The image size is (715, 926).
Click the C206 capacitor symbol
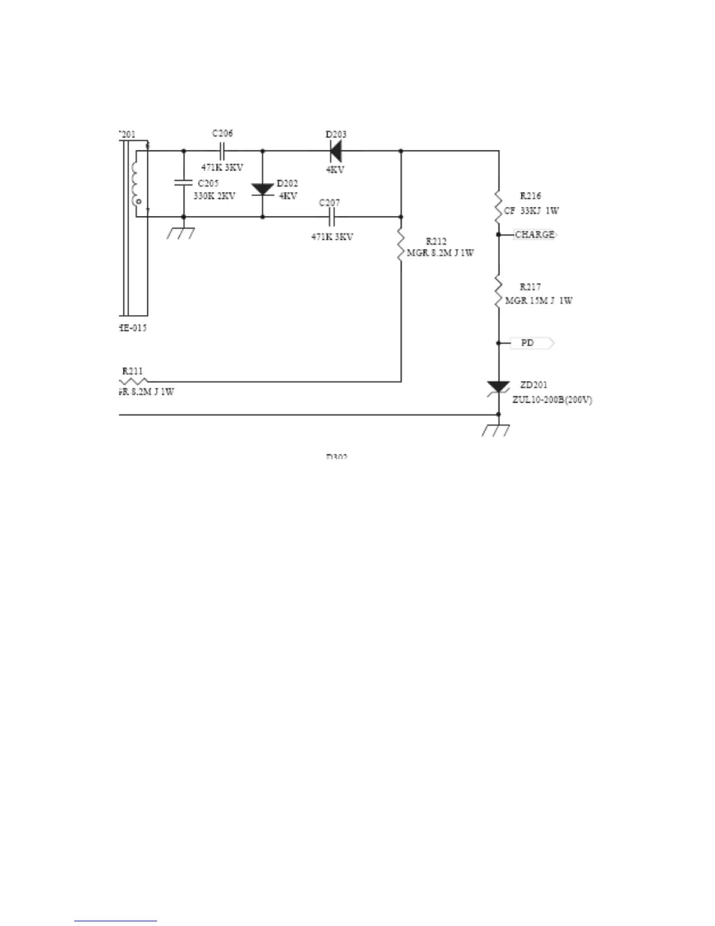223,151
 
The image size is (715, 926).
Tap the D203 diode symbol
335,151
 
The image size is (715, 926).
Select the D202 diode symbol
262,189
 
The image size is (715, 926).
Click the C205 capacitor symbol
184,183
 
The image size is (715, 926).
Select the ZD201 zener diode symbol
498,388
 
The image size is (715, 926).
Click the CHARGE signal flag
535,234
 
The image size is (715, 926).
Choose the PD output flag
532,343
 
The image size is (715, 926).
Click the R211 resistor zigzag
134,381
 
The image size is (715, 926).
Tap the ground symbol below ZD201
495,430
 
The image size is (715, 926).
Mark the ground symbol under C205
181,233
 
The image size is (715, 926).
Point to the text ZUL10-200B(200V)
553,400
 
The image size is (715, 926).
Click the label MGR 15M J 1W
539,300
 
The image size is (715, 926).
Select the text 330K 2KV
214,196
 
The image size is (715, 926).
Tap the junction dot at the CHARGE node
498,234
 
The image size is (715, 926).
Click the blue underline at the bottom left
116,921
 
